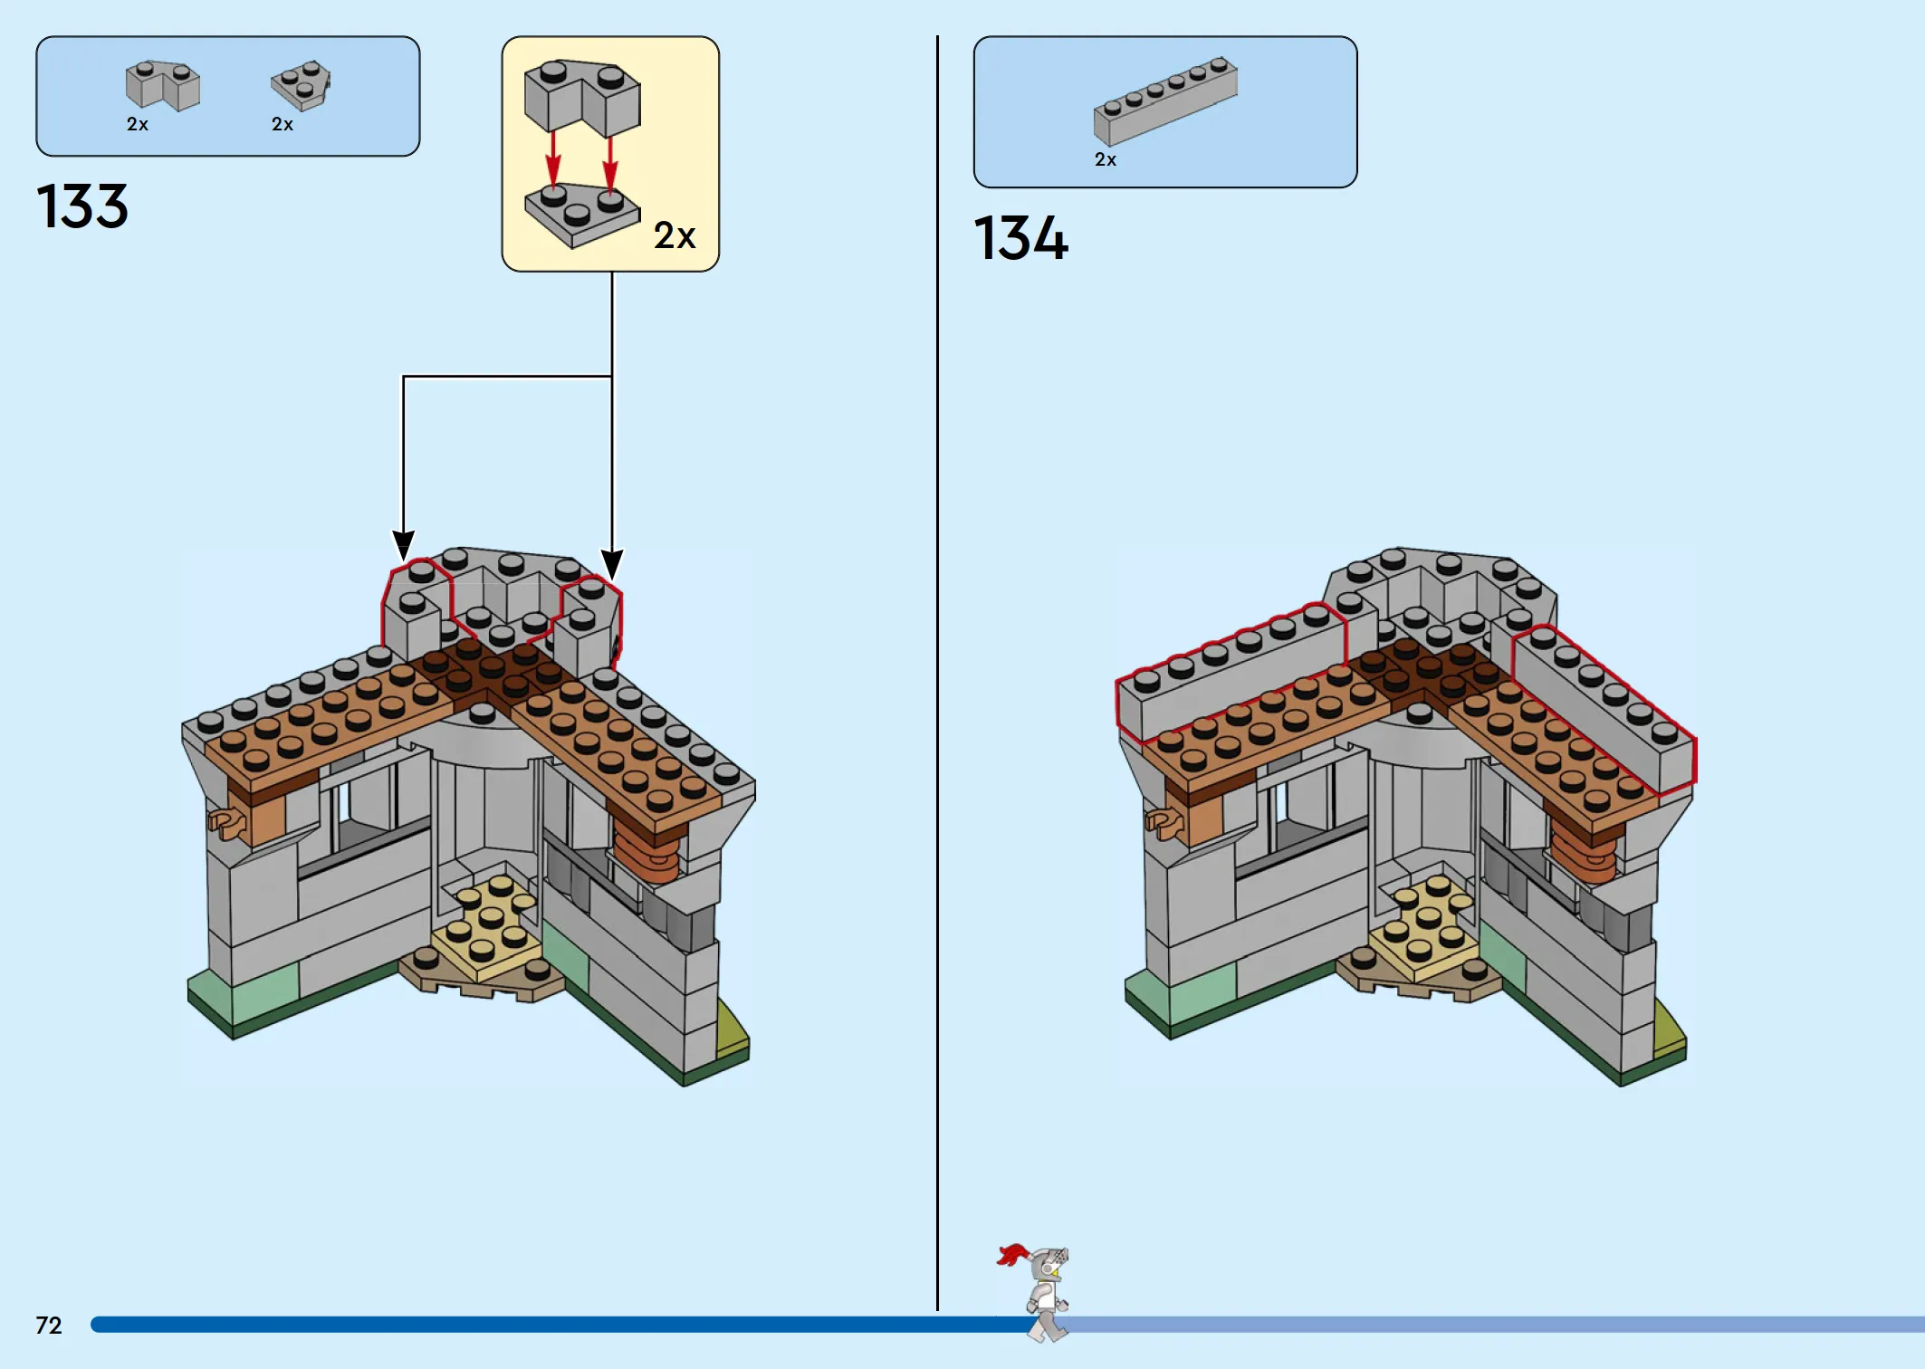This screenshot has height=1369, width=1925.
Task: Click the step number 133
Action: (82, 206)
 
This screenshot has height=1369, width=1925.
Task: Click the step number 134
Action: (1021, 238)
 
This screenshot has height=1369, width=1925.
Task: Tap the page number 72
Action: (49, 1326)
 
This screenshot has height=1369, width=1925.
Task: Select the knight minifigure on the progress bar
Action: (1039, 1292)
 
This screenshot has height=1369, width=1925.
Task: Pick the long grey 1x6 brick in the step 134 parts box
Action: (1165, 101)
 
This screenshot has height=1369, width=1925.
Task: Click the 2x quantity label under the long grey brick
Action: (1106, 159)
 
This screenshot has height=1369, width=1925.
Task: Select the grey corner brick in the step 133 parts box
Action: (163, 85)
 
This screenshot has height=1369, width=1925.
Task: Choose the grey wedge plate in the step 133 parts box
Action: (301, 85)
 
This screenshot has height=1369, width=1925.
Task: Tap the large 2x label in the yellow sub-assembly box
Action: (675, 235)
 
